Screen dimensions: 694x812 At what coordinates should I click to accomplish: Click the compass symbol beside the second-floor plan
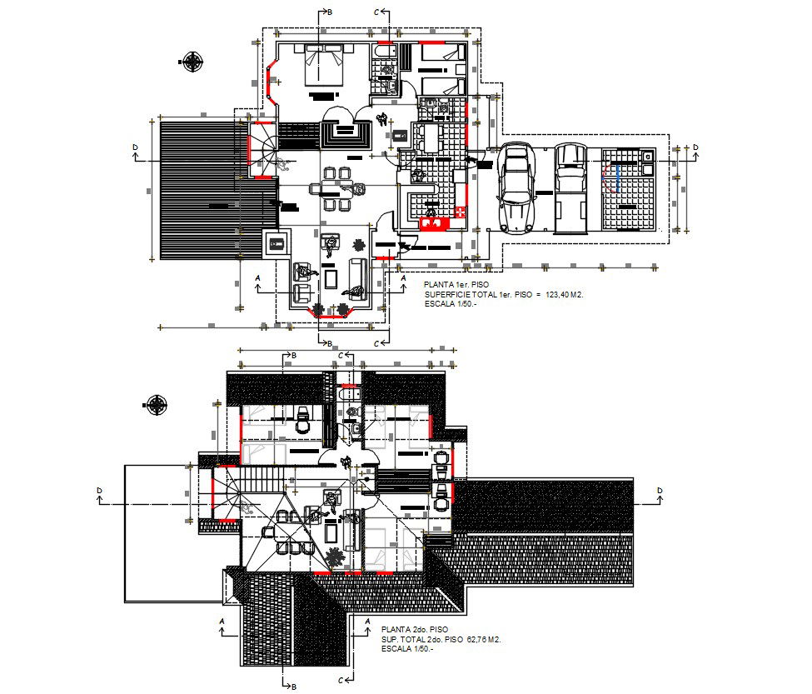157,406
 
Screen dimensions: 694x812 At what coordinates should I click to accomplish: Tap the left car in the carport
516,187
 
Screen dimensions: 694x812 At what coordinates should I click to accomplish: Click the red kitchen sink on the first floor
434,222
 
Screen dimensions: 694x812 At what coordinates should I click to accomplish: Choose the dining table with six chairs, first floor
337,188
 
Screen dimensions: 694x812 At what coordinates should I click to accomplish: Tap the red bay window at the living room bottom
331,312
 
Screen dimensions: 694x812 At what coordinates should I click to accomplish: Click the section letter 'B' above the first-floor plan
329,12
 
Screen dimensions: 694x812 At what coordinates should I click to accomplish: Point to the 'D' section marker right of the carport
695,148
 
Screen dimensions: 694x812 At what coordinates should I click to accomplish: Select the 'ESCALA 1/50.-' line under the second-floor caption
407,648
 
